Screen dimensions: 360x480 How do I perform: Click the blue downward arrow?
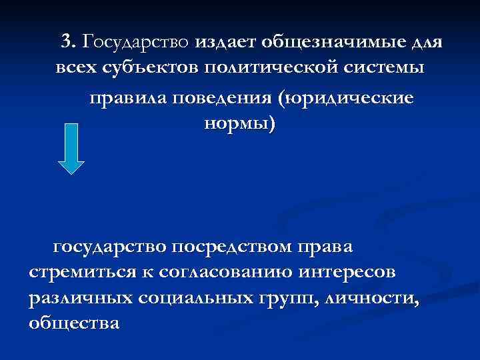tap(71, 148)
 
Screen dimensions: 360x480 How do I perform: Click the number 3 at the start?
tap(67, 42)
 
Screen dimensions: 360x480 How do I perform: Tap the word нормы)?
tap(237, 124)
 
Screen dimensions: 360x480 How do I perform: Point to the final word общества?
tap(75, 324)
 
